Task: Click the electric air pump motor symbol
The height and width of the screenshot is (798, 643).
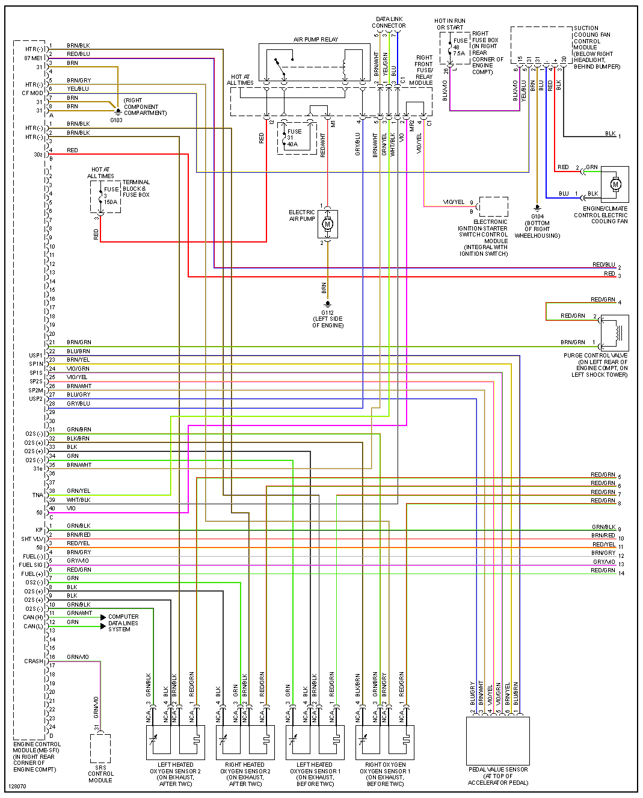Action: [328, 224]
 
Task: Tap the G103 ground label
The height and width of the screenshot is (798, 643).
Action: [116, 120]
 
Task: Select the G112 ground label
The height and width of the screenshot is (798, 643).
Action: [327, 312]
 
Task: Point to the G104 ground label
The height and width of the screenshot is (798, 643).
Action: [537, 216]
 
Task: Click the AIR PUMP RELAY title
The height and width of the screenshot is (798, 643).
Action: [316, 40]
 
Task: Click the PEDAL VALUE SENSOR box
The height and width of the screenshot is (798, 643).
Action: [498, 740]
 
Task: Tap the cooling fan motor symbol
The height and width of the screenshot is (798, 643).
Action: [615, 184]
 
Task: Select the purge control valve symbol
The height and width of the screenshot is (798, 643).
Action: [615, 333]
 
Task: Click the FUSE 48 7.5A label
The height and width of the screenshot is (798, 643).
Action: [460, 47]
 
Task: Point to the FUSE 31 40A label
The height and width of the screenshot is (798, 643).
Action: [294, 138]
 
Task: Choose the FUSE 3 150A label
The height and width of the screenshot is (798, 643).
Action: [111, 196]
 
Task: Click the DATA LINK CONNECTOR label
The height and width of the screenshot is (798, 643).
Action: [389, 22]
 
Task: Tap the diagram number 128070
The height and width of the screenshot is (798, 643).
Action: [17, 787]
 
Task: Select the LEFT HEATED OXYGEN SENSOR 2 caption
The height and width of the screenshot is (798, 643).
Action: [176, 774]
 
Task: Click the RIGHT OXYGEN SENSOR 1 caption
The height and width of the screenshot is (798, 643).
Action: [385, 774]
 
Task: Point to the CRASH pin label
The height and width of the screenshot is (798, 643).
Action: [34, 661]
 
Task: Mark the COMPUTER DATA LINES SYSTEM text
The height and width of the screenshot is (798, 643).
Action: [123, 623]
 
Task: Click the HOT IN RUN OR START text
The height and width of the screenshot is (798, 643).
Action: [450, 24]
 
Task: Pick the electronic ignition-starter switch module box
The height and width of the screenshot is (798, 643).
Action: [494, 206]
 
